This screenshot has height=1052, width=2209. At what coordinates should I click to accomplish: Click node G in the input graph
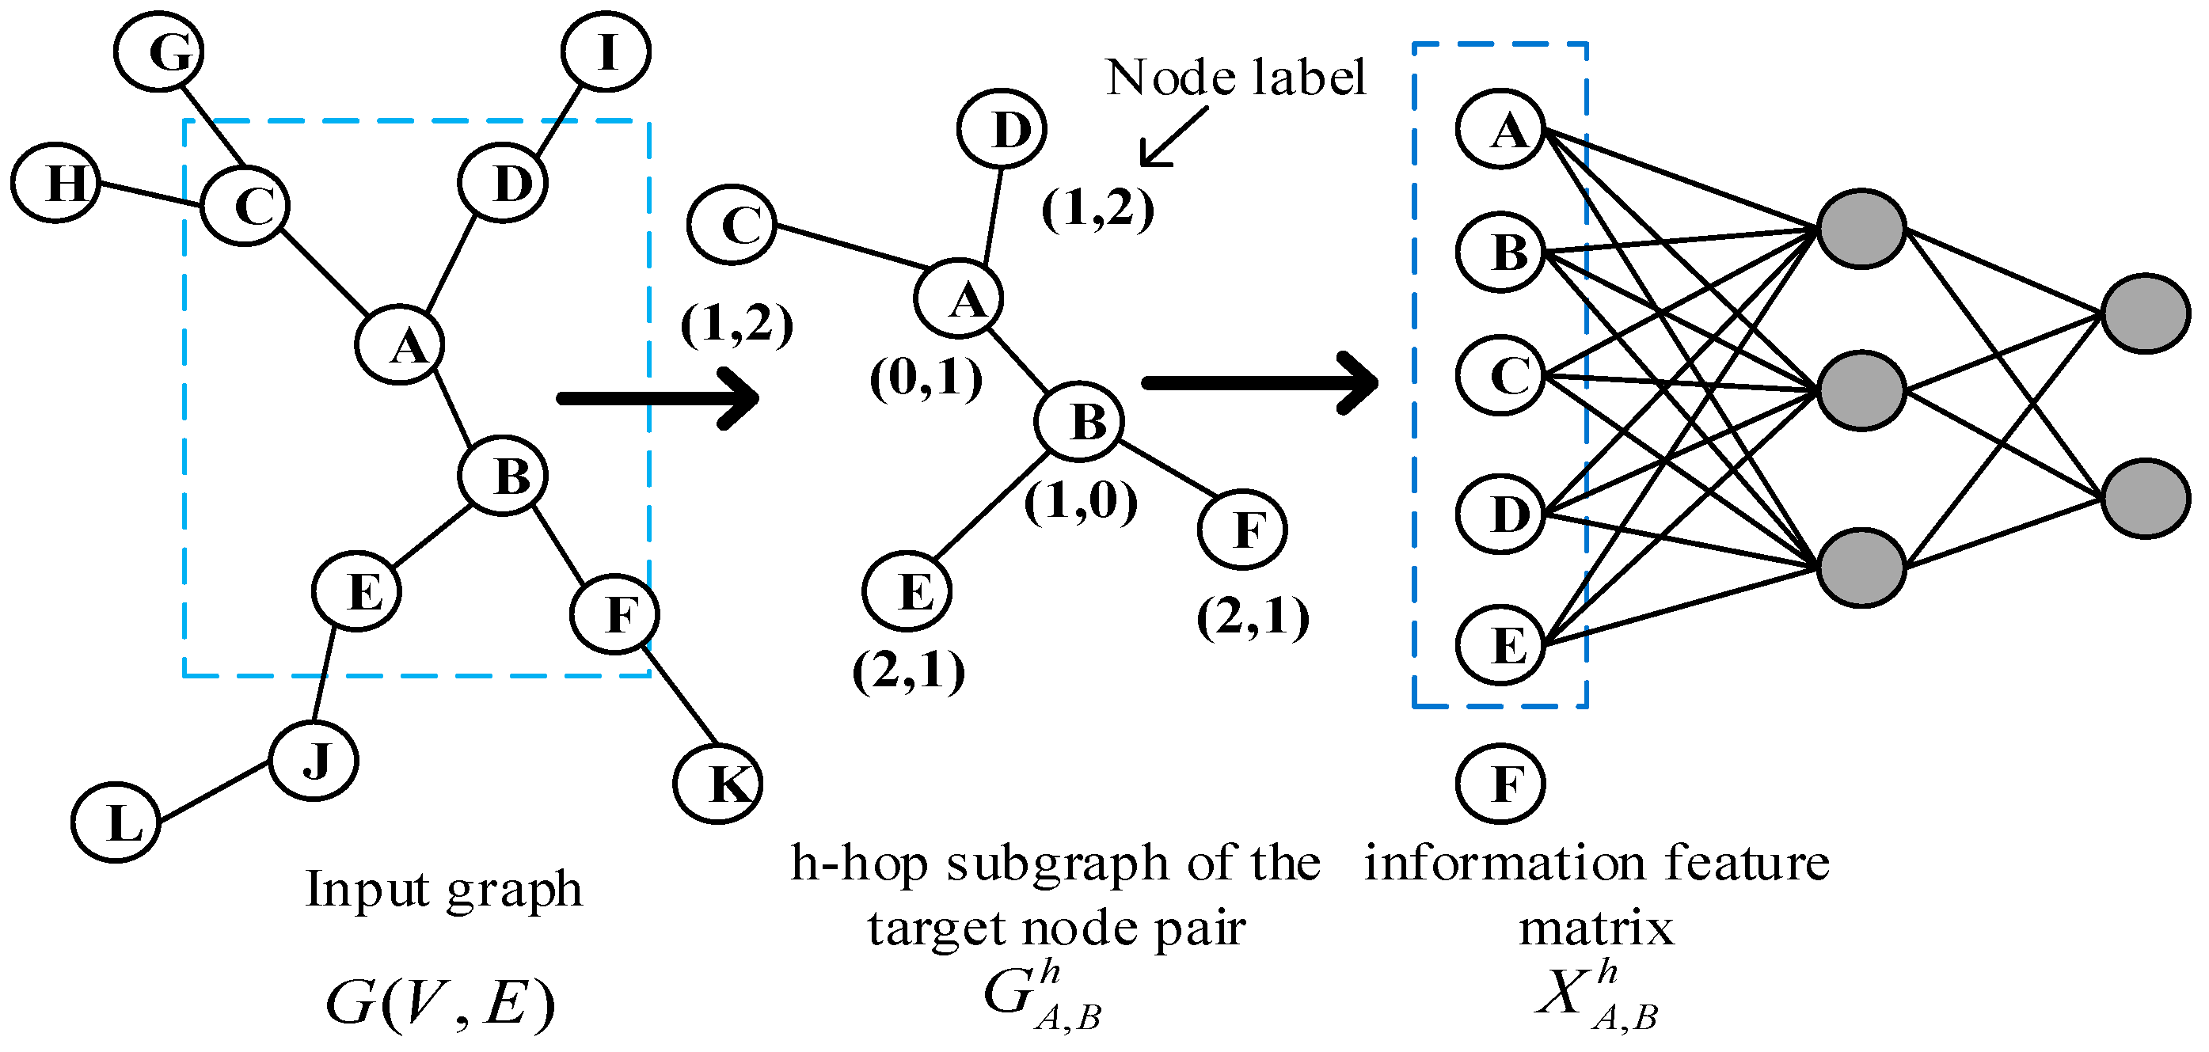coord(158,51)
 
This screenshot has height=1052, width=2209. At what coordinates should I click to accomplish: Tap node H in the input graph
coord(56,183)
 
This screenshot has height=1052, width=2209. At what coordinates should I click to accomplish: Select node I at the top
coord(606,51)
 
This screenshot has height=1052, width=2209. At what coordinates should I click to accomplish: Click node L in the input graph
coord(116,822)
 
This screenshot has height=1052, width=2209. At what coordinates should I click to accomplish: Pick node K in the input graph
coord(718,784)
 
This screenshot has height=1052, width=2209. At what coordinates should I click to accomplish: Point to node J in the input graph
coord(314,760)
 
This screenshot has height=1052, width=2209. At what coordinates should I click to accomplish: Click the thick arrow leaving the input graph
coord(659,398)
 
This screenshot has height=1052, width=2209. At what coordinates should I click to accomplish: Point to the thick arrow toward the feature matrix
coord(1259,383)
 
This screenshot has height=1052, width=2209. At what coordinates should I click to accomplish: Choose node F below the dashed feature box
coord(1500,784)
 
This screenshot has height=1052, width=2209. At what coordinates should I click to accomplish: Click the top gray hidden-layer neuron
coord(1861,229)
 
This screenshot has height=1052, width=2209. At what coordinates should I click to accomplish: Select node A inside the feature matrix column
coord(1500,130)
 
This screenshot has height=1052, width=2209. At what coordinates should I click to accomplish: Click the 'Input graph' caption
coord(444,889)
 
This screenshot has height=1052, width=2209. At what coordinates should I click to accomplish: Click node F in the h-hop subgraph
coord(1242,530)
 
